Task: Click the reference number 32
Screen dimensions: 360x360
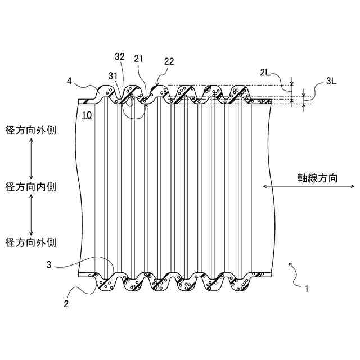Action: pos(119,56)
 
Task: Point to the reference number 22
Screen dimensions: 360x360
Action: pos(169,61)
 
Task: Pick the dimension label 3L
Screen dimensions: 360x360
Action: pos(332,81)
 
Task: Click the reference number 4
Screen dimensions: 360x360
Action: pos(69,81)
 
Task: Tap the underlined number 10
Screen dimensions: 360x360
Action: pos(86,116)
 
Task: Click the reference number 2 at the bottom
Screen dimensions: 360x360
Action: pos(66,304)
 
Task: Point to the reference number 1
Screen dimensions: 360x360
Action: pos(306,290)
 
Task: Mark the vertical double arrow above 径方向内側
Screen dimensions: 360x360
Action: pos(31,158)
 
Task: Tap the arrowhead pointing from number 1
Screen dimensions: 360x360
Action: pos(290,263)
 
